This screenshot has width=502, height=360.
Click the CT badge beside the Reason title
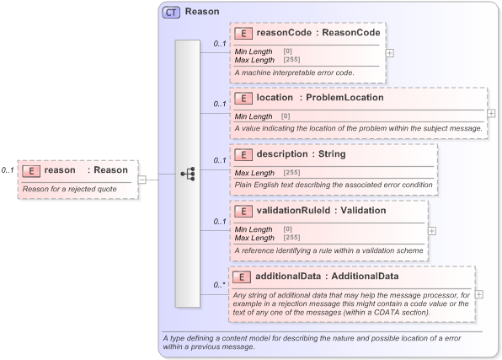pos(171,13)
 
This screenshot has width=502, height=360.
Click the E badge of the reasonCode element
pos(243,34)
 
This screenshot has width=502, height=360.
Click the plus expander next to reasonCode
pos(389,52)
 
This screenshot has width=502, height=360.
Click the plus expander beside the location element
pos(491,113)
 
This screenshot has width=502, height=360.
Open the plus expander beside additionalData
pos(479,294)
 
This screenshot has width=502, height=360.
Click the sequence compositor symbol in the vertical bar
pos(188,174)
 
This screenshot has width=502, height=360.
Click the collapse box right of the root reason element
pos(142,179)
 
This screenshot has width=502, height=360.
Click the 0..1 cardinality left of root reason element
pos(8,170)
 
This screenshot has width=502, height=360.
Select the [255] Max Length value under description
pos(291,173)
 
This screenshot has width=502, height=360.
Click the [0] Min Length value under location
pos(286,116)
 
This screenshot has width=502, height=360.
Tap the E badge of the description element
pos(243,155)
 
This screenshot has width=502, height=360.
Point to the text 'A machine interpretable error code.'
pos(294,73)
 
